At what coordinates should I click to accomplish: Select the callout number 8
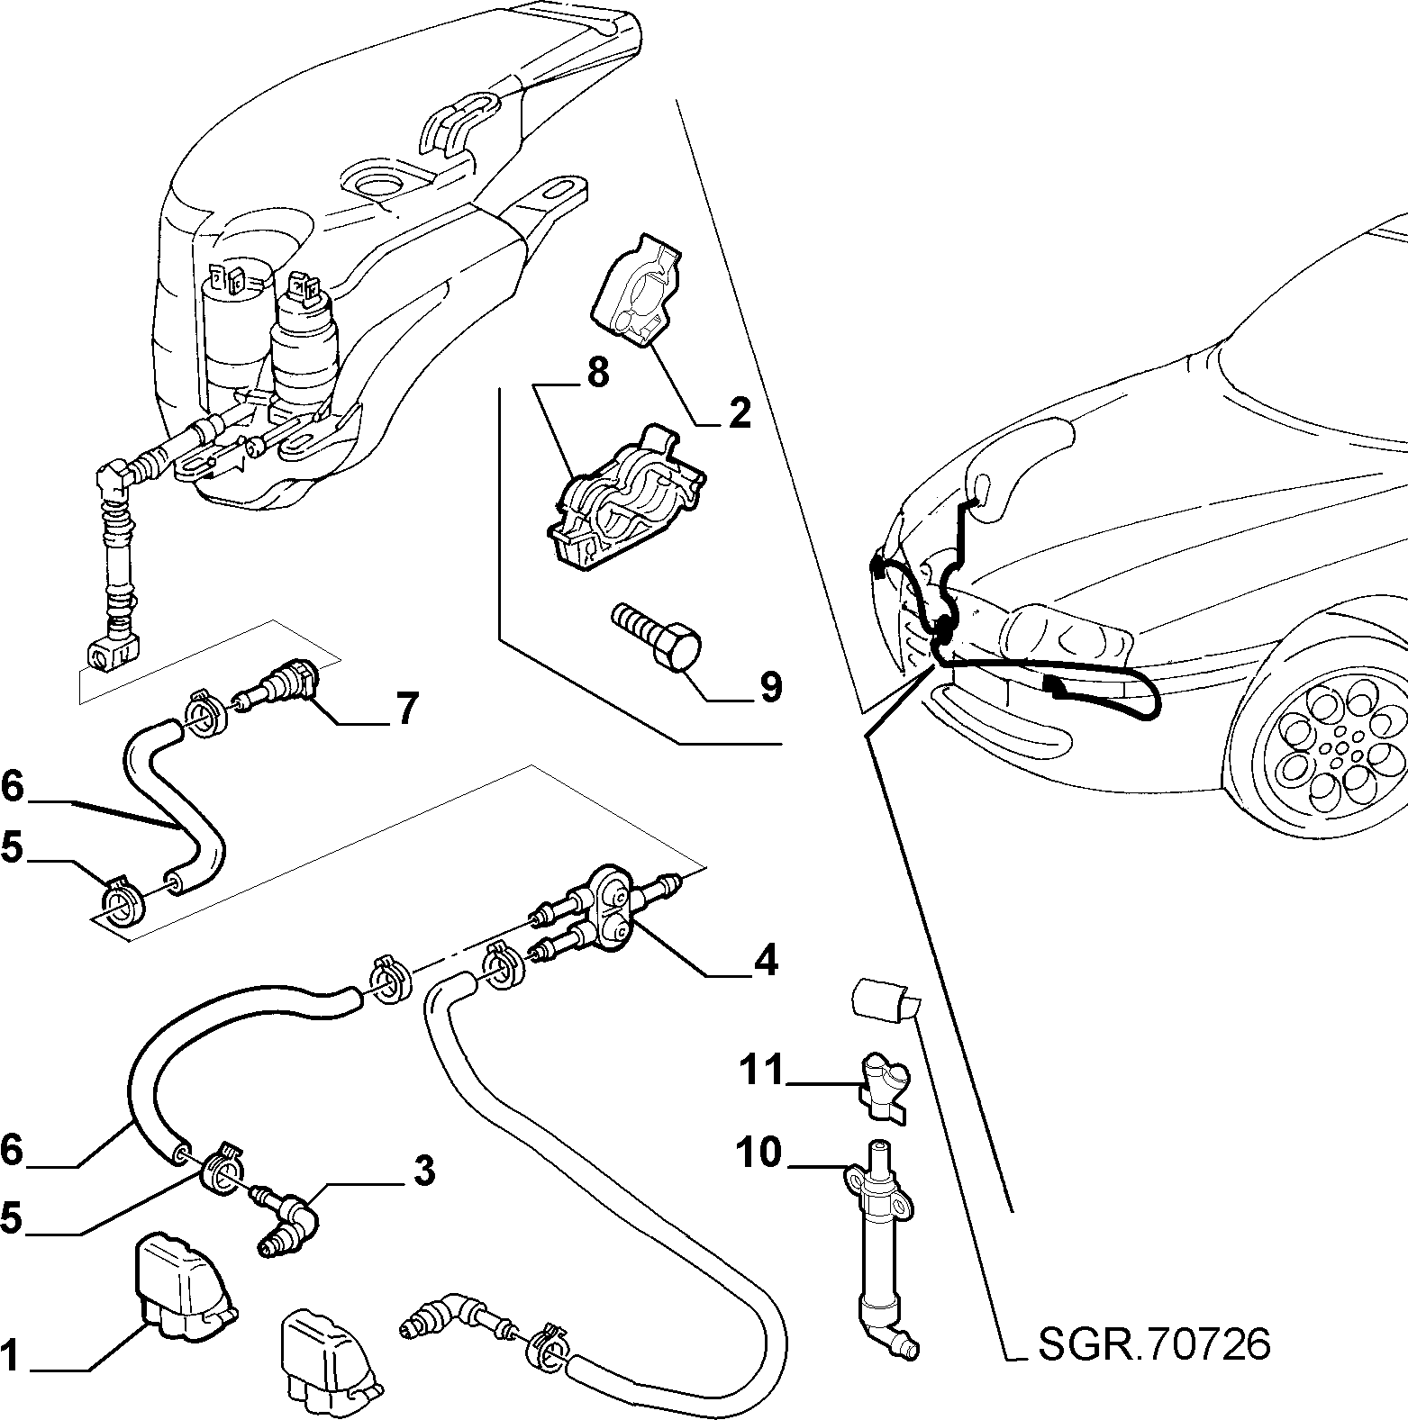tap(597, 372)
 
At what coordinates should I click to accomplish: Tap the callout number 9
tap(770, 687)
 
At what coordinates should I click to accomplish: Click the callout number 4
tap(765, 961)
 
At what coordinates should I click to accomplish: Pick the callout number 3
tap(423, 1171)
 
